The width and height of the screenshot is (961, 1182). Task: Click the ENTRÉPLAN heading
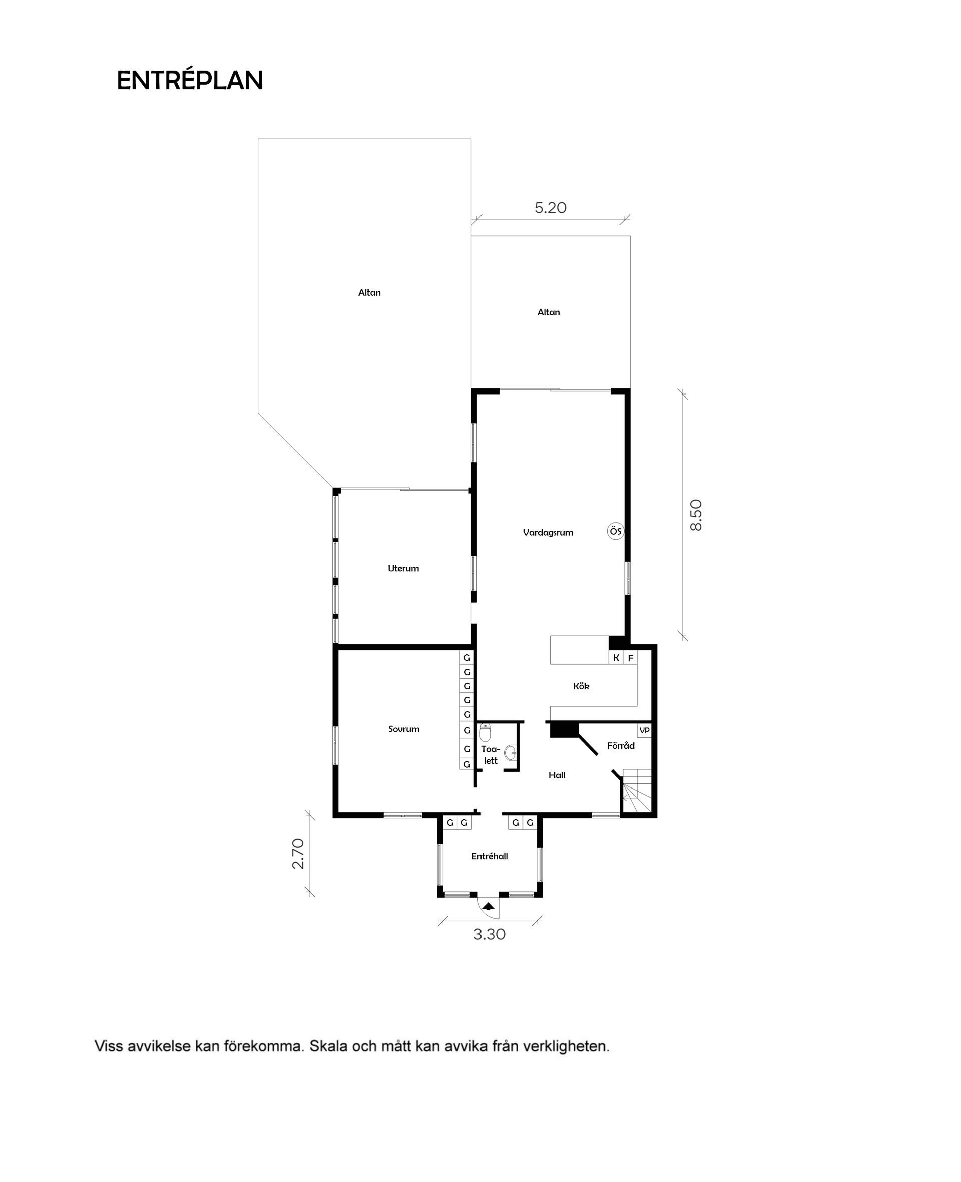point(189,81)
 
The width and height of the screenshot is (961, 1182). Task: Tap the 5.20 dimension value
point(550,208)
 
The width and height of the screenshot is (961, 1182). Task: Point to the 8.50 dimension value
point(696,515)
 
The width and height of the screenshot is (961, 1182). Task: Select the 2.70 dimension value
point(298,853)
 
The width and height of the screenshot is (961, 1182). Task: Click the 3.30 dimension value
point(490,935)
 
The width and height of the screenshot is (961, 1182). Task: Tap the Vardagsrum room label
point(548,533)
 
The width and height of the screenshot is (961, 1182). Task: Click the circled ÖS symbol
point(615,531)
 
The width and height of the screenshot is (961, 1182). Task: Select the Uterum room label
point(403,568)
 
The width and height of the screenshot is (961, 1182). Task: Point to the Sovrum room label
point(403,730)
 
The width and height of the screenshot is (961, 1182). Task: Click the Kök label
point(581,686)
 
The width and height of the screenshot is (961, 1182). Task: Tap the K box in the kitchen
point(616,658)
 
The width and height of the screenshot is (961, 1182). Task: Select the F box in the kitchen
point(630,658)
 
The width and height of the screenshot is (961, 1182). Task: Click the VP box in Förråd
point(644,731)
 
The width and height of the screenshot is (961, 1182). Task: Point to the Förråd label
point(621,746)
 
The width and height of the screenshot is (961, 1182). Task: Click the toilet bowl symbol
point(485,733)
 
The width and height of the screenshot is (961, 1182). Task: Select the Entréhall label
point(490,856)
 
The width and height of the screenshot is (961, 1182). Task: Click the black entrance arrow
point(488,906)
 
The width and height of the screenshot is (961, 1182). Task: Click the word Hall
point(557,775)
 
